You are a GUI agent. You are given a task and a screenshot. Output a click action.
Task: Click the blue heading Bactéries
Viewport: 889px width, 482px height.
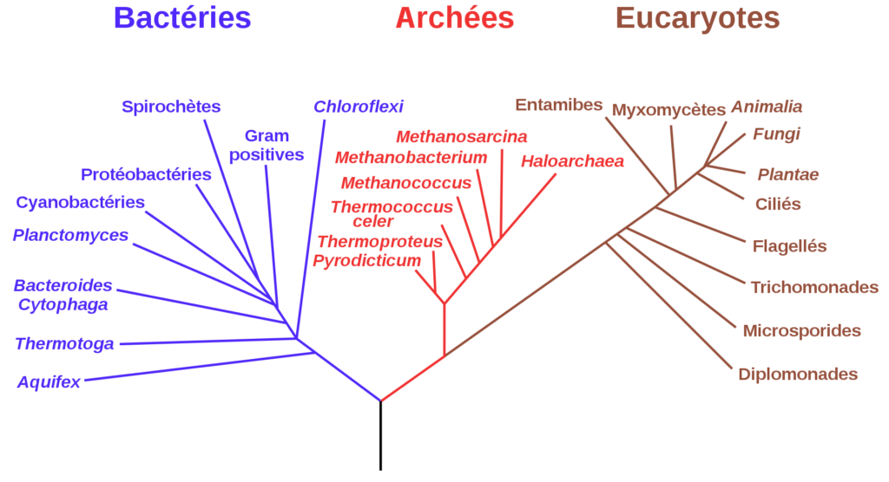(x=182, y=17)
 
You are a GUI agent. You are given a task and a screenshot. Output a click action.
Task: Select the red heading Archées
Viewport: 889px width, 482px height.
(x=455, y=17)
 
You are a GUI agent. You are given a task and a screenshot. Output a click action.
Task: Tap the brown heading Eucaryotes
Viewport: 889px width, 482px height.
(x=698, y=19)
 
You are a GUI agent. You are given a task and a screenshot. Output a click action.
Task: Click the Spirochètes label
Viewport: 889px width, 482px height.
(x=171, y=107)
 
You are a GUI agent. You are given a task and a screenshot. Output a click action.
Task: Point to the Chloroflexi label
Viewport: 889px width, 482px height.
(x=359, y=107)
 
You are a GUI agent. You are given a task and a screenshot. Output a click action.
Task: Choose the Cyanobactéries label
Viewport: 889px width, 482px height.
(x=80, y=202)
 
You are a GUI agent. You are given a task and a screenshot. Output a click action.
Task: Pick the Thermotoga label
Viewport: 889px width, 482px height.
(x=64, y=344)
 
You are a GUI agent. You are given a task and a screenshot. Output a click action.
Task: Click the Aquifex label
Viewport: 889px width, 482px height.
(x=49, y=382)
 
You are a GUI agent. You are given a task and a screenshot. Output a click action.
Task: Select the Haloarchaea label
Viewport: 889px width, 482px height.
(x=573, y=161)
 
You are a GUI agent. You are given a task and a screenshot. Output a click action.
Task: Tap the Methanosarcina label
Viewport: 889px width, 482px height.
(x=462, y=136)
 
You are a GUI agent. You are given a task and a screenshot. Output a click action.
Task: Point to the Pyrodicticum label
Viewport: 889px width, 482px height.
(x=367, y=261)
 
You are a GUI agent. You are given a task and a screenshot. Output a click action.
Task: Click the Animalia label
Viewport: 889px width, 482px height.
(x=767, y=107)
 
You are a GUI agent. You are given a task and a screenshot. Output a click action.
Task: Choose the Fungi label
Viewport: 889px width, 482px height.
(x=776, y=134)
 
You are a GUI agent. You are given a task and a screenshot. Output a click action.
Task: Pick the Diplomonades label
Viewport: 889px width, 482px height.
(x=798, y=375)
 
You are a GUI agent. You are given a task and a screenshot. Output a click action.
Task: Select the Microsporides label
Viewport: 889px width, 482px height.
(x=801, y=331)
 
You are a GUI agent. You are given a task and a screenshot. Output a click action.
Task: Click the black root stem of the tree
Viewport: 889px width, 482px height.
(x=380, y=435)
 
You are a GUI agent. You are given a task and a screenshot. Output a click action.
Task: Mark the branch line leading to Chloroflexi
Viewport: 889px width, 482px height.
(x=311, y=229)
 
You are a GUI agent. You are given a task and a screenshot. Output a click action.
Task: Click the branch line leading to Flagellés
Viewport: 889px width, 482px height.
(x=701, y=225)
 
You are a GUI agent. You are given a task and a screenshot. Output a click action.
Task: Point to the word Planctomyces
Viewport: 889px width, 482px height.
(x=71, y=235)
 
